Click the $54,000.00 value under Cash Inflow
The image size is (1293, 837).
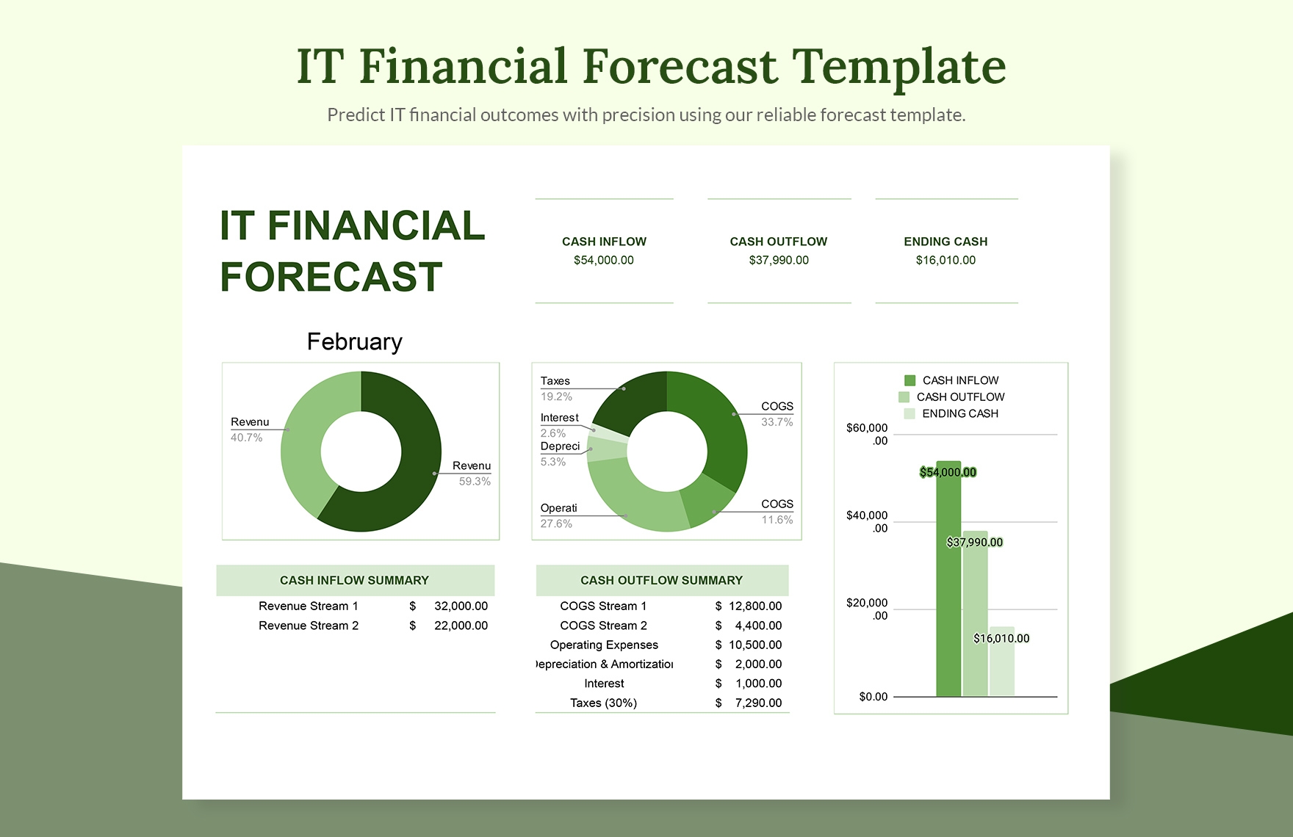(x=603, y=260)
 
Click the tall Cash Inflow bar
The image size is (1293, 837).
(x=948, y=587)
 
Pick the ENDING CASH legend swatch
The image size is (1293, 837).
(x=910, y=413)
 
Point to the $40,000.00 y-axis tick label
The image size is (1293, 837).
(x=867, y=521)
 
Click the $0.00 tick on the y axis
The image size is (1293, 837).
(x=873, y=696)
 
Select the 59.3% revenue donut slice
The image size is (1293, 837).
(x=404, y=470)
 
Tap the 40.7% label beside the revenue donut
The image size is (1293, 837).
(x=246, y=438)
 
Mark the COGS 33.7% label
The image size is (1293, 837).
(x=777, y=422)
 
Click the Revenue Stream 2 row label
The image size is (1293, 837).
(x=309, y=626)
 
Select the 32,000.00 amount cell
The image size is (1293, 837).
(x=461, y=606)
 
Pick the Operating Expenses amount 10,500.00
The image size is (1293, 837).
(x=754, y=645)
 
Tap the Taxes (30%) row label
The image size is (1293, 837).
(x=603, y=703)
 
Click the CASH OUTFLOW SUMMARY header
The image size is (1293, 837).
(x=661, y=580)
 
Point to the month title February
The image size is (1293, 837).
(x=354, y=342)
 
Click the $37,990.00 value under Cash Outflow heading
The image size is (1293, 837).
(x=779, y=260)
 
